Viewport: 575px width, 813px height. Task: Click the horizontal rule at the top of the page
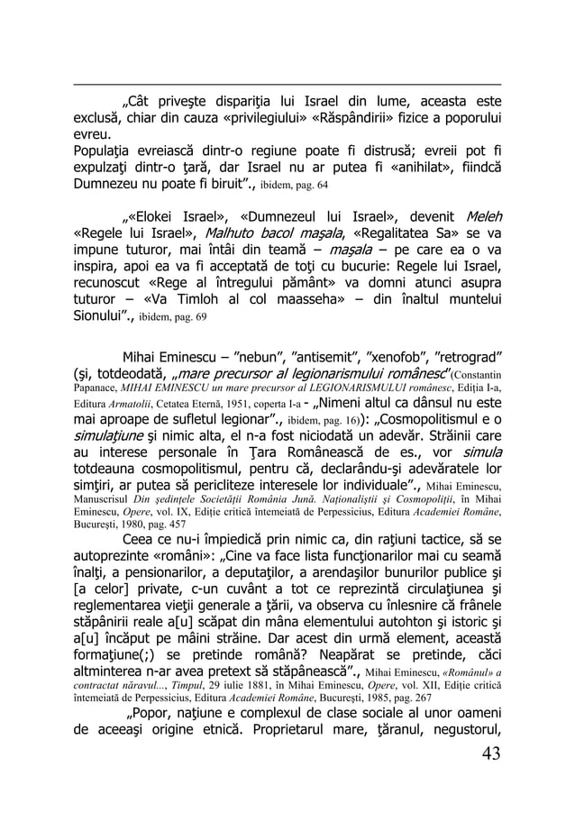(287, 86)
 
